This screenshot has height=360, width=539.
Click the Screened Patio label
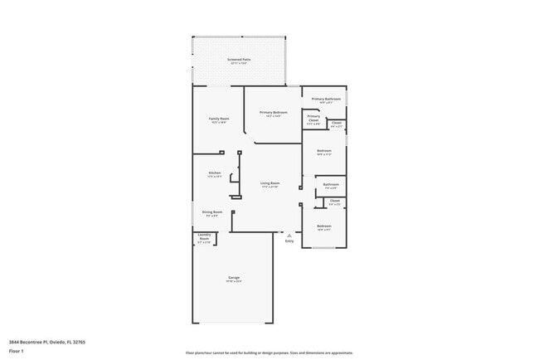(240, 61)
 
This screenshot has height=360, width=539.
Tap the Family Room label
(218, 119)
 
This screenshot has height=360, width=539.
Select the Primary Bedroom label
(273, 113)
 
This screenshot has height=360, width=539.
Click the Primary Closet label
(313, 119)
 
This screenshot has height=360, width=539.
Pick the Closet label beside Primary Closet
(336, 124)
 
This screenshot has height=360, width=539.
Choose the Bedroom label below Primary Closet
(324, 152)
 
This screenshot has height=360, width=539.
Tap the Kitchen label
(214, 173)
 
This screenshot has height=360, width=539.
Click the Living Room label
(269, 184)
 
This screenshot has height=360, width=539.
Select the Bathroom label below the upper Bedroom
(331, 185)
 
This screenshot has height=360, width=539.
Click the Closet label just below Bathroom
(334, 201)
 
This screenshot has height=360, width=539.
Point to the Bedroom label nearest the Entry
(323, 226)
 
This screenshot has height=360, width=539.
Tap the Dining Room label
(212, 212)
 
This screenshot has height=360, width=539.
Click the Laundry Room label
(204, 238)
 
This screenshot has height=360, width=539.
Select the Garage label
(234, 278)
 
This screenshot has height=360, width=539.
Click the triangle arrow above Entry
(289, 236)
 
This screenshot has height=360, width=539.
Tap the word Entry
(289, 241)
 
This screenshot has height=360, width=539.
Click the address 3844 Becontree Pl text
(47, 342)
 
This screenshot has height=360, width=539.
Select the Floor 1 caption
(17, 351)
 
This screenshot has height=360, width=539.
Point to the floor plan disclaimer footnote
(269, 353)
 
